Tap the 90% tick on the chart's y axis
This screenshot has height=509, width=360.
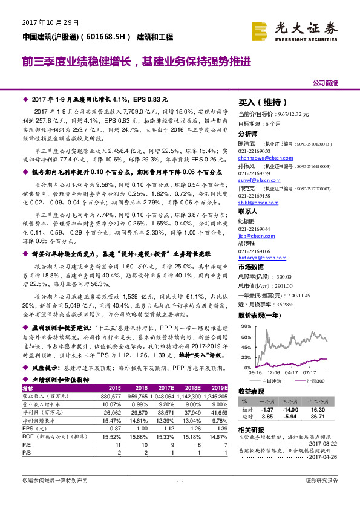[247, 327]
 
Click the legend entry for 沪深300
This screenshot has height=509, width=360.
[316, 381]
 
